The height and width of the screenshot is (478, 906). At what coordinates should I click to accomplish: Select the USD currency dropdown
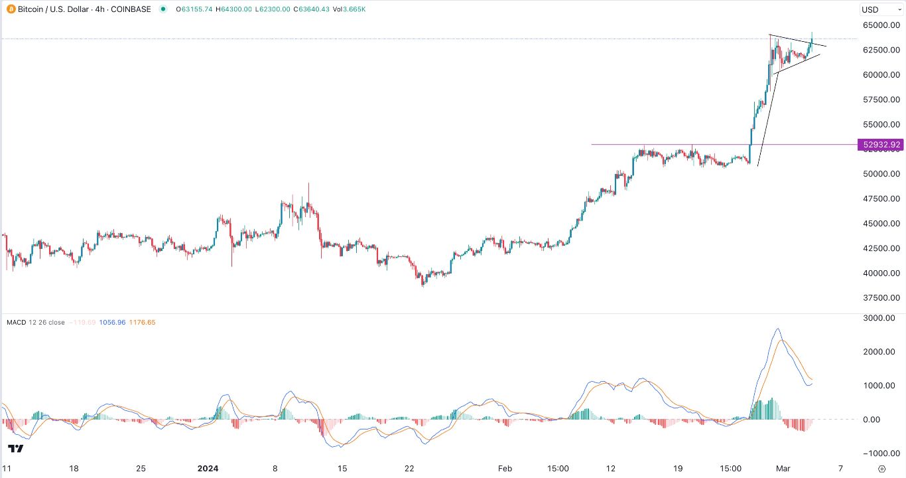(880, 9)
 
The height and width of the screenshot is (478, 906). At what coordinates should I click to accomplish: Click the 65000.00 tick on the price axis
(880, 25)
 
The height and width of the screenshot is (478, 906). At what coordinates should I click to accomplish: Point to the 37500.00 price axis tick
(880, 298)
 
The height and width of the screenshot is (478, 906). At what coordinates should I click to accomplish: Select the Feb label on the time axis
(505, 468)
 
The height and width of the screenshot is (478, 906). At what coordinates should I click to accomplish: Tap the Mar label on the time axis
(787, 468)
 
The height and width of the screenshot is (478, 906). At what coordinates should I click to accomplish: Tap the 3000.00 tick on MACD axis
(882, 318)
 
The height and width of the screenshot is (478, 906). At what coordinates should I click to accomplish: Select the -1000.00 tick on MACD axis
(880, 453)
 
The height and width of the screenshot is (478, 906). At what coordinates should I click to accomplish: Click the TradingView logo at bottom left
(16, 449)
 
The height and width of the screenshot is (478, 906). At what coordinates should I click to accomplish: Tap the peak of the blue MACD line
(777, 329)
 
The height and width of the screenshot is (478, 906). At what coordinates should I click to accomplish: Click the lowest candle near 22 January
(422, 284)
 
